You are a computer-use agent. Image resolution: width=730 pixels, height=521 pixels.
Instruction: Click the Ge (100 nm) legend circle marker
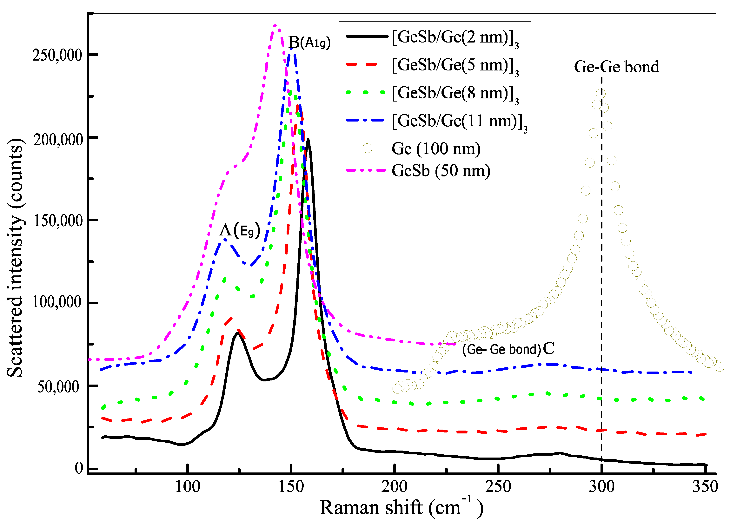click(367, 148)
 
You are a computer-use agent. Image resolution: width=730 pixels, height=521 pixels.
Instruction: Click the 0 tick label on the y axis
click(79, 468)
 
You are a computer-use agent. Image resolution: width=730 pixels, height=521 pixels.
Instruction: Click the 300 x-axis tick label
click(601, 487)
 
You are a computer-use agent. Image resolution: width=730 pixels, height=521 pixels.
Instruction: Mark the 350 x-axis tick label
click(705, 487)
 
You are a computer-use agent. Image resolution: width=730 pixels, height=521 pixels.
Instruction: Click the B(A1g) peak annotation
click(309, 42)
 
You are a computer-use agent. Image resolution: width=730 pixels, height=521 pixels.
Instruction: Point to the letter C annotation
click(548, 348)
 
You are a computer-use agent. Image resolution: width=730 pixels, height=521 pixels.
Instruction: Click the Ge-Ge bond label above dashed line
click(616, 67)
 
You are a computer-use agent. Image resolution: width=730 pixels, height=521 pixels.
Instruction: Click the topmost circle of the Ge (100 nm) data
click(600, 94)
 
